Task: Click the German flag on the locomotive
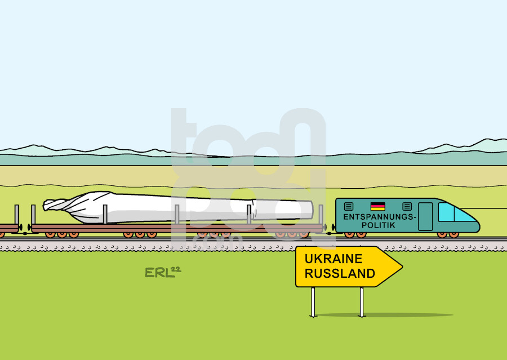click(x=377, y=206)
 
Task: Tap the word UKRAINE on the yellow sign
click(x=333, y=259)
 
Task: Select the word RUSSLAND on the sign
click(x=340, y=273)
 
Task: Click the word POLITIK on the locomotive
click(x=379, y=225)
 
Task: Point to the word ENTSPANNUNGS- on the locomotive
click(x=380, y=217)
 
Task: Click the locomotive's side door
click(x=425, y=216)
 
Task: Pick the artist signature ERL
click(x=158, y=273)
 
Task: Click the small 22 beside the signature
click(x=176, y=270)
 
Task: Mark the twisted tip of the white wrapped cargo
click(x=54, y=205)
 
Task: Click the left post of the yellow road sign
click(x=313, y=302)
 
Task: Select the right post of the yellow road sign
click(x=362, y=302)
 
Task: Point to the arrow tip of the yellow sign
click(x=402, y=267)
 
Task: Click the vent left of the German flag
click(x=349, y=206)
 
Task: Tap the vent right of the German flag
click(x=407, y=206)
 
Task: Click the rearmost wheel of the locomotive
click(x=349, y=235)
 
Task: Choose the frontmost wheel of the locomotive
click(x=453, y=235)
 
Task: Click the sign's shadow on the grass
click(x=385, y=315)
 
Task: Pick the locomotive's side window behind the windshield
click(x=446, y=212)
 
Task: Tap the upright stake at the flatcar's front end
click(x=321, y=214)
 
